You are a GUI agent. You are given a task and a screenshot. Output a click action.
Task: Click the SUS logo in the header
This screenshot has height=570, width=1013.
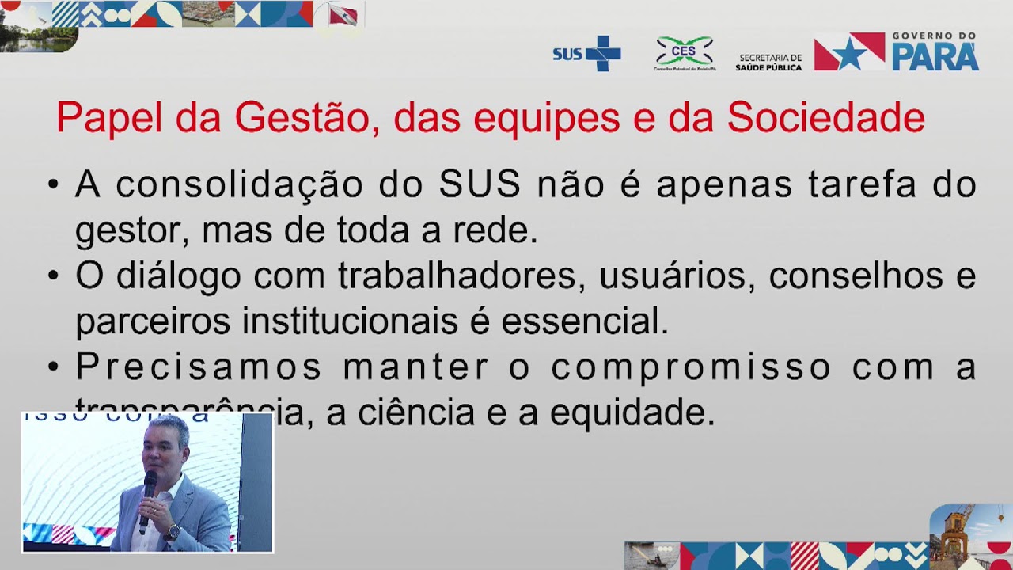pyautogui.click(x=586, y=53)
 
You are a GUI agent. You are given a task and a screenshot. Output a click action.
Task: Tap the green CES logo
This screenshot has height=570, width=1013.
pyautogui.click(x=685, y=52)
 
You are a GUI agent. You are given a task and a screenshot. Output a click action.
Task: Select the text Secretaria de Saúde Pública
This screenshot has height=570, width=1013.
pyautogui.click(x=768, y=63)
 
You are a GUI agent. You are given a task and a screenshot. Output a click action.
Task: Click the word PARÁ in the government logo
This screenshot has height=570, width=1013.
pyautogui.click(x=935, y=57)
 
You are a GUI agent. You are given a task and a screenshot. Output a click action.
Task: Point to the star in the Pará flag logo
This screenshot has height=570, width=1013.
pyautogui.click(x=850, y=54)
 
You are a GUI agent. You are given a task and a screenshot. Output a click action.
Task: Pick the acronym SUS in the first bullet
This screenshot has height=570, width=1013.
pyautogui.click(x=480, y=184)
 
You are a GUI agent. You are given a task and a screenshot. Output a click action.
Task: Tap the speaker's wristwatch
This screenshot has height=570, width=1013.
pyautogui.click(x=171, y=533)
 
